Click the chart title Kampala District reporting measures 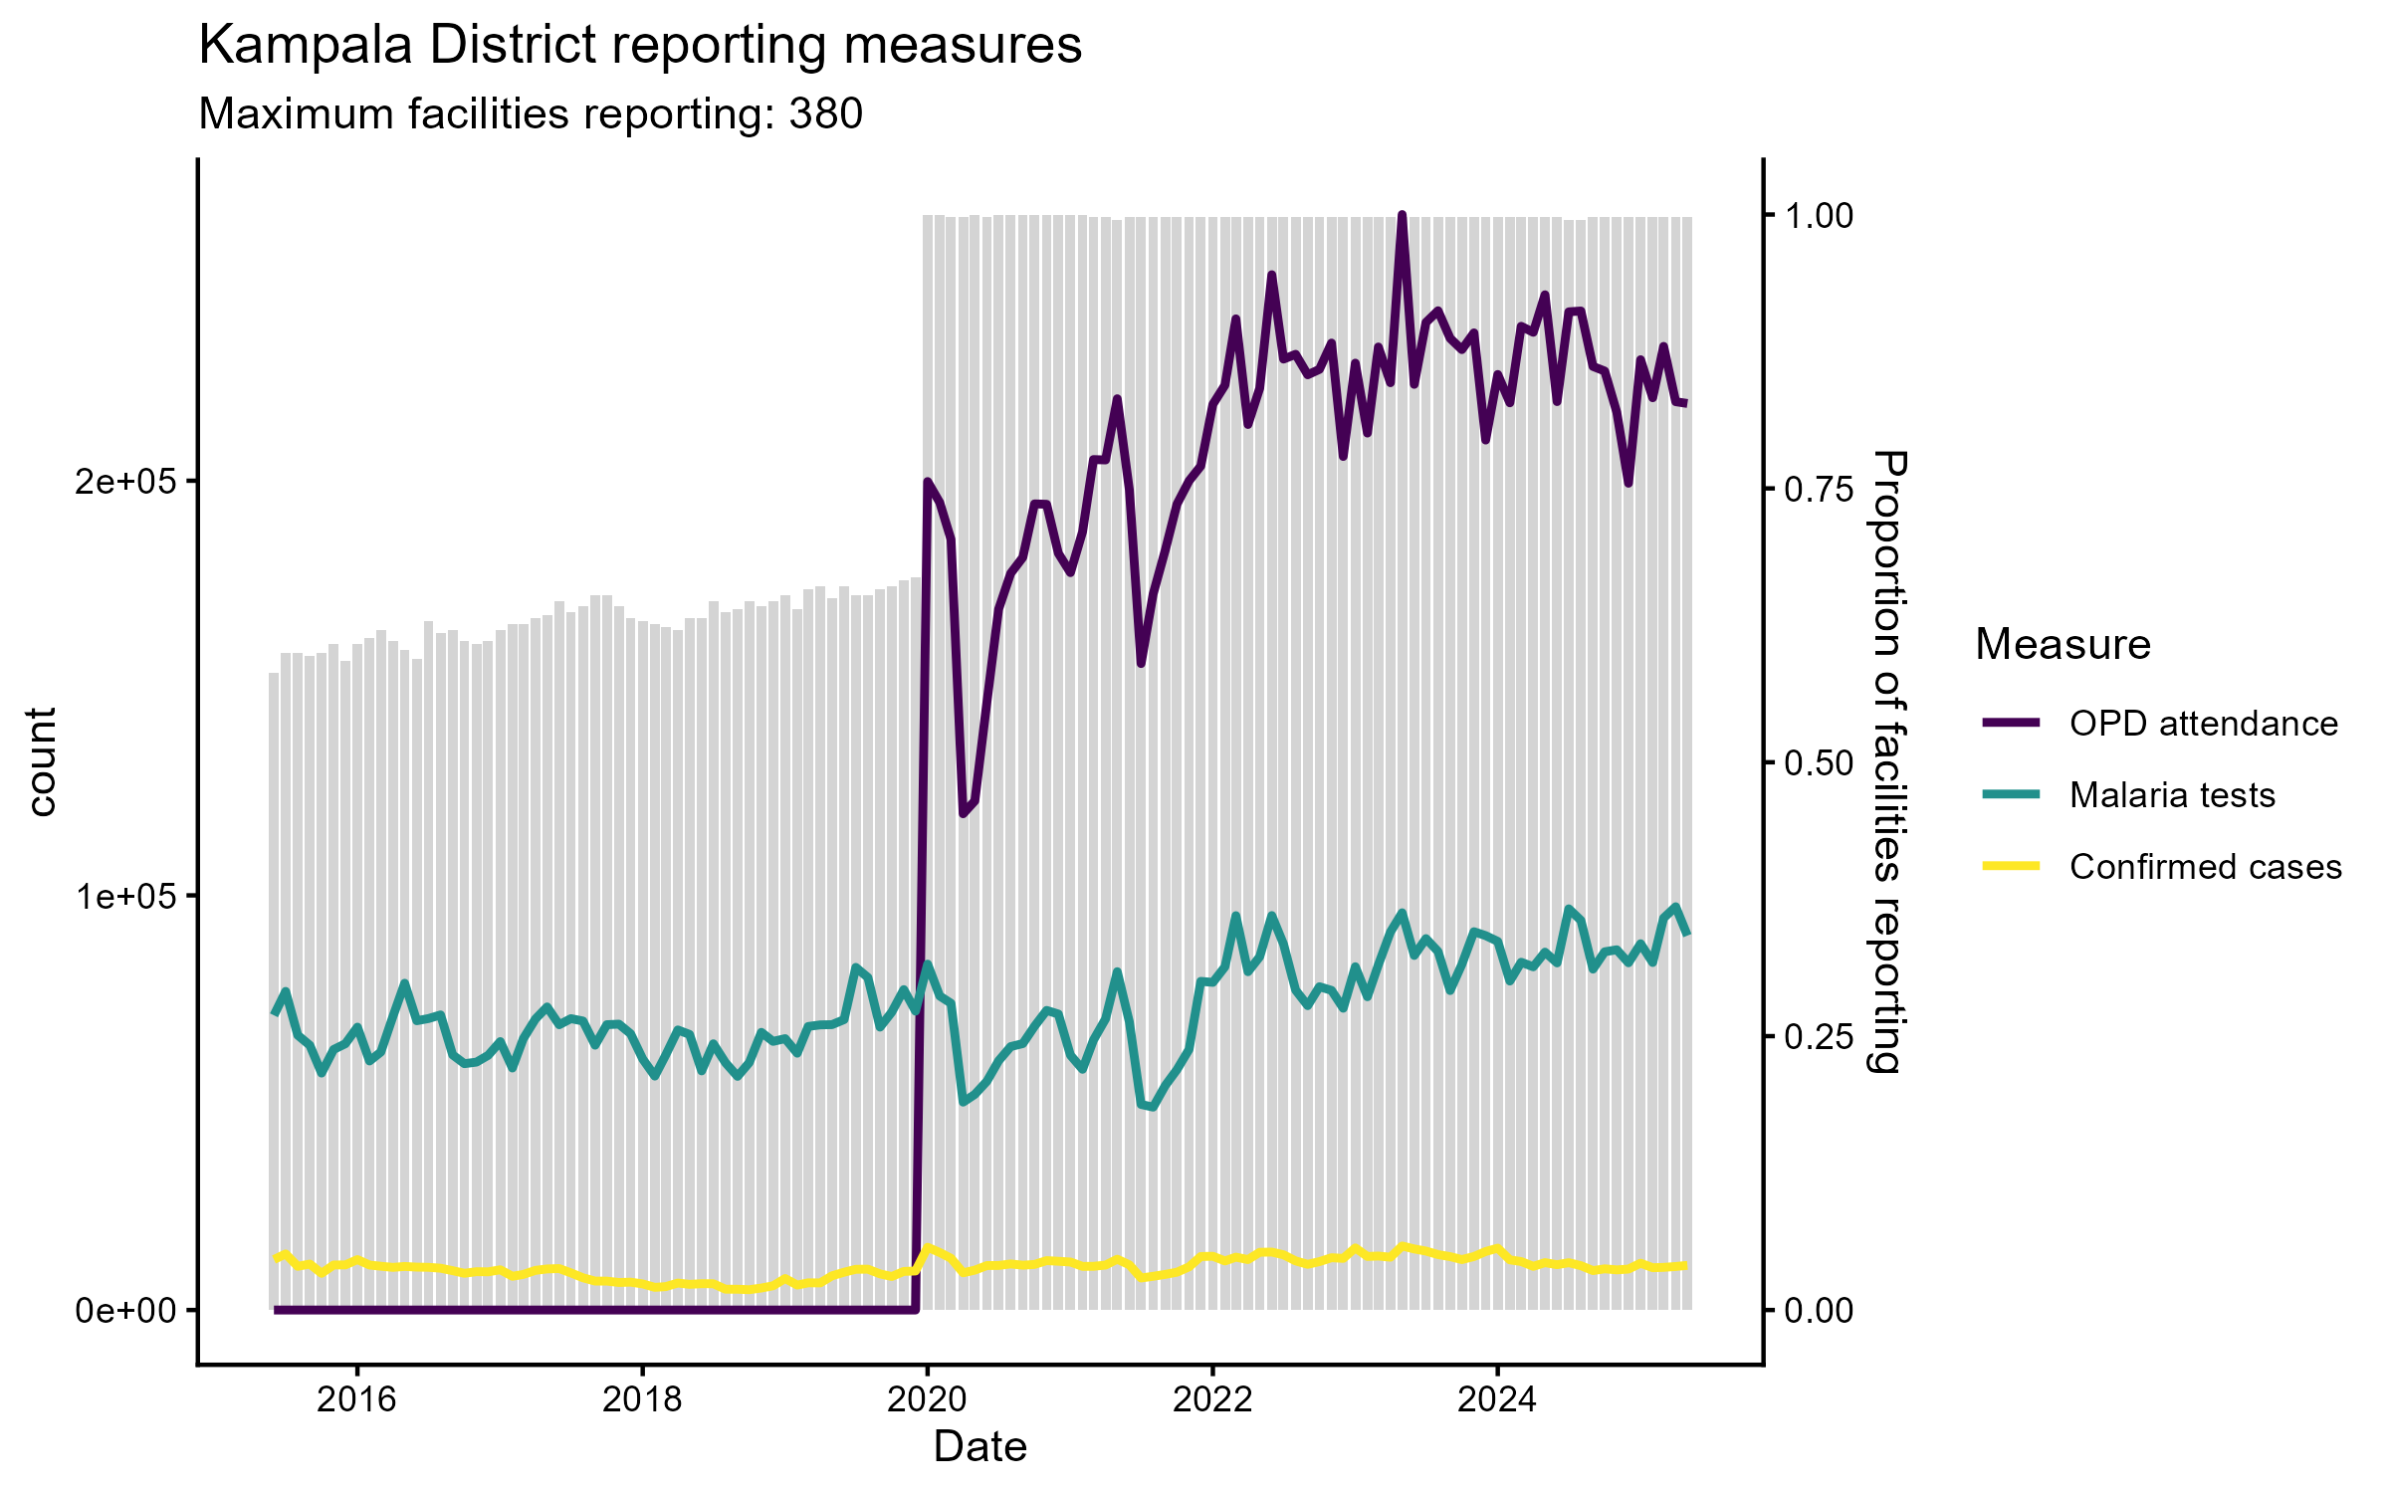pyautogui.click(x=640, y=46)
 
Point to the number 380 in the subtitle pyautogui.click(x=825, y=114)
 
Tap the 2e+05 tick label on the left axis pyautogui.click(x=123, y=482)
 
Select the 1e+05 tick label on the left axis pyautogui.click(x=123, y=896)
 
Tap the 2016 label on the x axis pyautogui.click(x=356, y=1399)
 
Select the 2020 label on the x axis pyautogui.click(x=927, y=1399)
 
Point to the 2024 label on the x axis pyautogui.click(x=1497, y=1399)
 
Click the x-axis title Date pyautogui.click(x=979, y=1447)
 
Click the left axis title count pyautogui.click(x=42, y=761)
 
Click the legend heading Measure pyautogui.click(x=2063, y=645)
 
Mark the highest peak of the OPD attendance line pyautogui.click(x=1402, y=215)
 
